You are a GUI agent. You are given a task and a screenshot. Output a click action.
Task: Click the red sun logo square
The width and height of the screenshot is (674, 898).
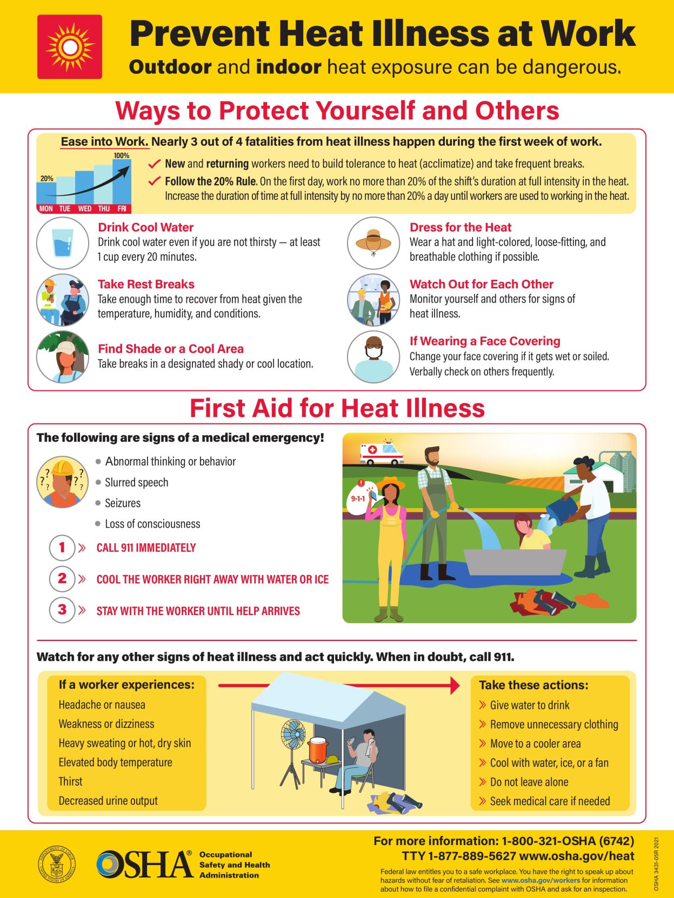[x=69, y=47]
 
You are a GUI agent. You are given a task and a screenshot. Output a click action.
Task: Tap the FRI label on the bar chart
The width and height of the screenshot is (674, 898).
[x=122, y=208]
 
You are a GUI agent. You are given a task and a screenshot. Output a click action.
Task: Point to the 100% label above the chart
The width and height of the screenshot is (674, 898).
[x=121, y=156]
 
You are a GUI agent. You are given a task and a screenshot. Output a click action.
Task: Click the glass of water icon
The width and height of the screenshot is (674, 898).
[x=63, y=243]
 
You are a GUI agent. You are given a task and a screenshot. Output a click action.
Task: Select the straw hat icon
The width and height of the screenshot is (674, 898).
[x=373, y=241]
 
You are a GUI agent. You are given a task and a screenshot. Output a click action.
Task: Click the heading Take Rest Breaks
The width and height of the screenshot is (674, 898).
[x=146, y=284]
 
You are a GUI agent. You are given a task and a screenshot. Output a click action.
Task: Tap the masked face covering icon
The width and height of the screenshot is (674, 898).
[x=373, y=357]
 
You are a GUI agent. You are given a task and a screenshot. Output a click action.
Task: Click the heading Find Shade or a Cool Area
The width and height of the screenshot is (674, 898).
[x=171, y=349]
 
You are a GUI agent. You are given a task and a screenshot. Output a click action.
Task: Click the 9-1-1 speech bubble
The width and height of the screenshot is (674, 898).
[x=358, y=498]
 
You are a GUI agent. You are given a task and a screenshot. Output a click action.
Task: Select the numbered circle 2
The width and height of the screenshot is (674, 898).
[x=62, y=579]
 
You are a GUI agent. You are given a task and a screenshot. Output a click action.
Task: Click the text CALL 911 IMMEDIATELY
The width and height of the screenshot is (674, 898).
[x=146, y=548]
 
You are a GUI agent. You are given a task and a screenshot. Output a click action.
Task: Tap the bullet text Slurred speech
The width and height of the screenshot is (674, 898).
[x=136, y=482]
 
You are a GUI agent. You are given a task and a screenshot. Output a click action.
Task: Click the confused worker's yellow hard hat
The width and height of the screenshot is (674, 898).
[x=62, y=467]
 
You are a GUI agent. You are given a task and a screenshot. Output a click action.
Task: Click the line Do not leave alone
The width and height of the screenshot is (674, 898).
[x=529, y=782]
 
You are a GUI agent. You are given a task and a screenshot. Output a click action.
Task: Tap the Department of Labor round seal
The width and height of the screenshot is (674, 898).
[x=57, y=864]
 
